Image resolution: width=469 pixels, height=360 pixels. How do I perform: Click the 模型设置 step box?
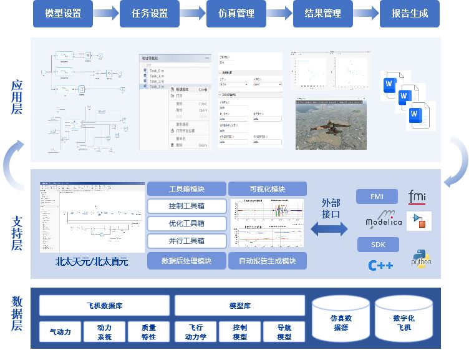tap(63, 13)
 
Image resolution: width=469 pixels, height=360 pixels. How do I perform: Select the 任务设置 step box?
tap(150, 13)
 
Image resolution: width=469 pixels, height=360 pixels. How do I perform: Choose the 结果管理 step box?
tap(323, 13)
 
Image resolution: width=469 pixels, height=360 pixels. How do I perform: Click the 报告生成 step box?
tap(409, 13)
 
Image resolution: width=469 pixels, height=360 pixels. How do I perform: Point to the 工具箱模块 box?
tap(186, 188)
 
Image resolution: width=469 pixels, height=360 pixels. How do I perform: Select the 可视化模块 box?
tap(267, 188)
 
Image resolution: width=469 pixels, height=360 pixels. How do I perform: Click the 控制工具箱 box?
tap(186, 206)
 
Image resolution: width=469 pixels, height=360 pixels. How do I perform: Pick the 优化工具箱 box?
tap(186, 223)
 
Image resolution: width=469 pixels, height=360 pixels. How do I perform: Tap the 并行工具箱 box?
tap(186, 241)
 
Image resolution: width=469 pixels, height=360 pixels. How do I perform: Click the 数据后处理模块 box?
tap(186, 261)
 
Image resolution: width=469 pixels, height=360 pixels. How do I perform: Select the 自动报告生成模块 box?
tap(267, 261)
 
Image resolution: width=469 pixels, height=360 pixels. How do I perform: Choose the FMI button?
tap(377, 197)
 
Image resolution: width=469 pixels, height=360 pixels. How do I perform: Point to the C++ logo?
tap(380, 265)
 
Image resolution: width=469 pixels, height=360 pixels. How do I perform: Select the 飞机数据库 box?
tap(104, 306)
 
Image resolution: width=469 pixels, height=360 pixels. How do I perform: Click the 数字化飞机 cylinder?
tap(403, 321)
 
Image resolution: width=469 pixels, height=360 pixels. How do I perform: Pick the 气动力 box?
tap(60, 332)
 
